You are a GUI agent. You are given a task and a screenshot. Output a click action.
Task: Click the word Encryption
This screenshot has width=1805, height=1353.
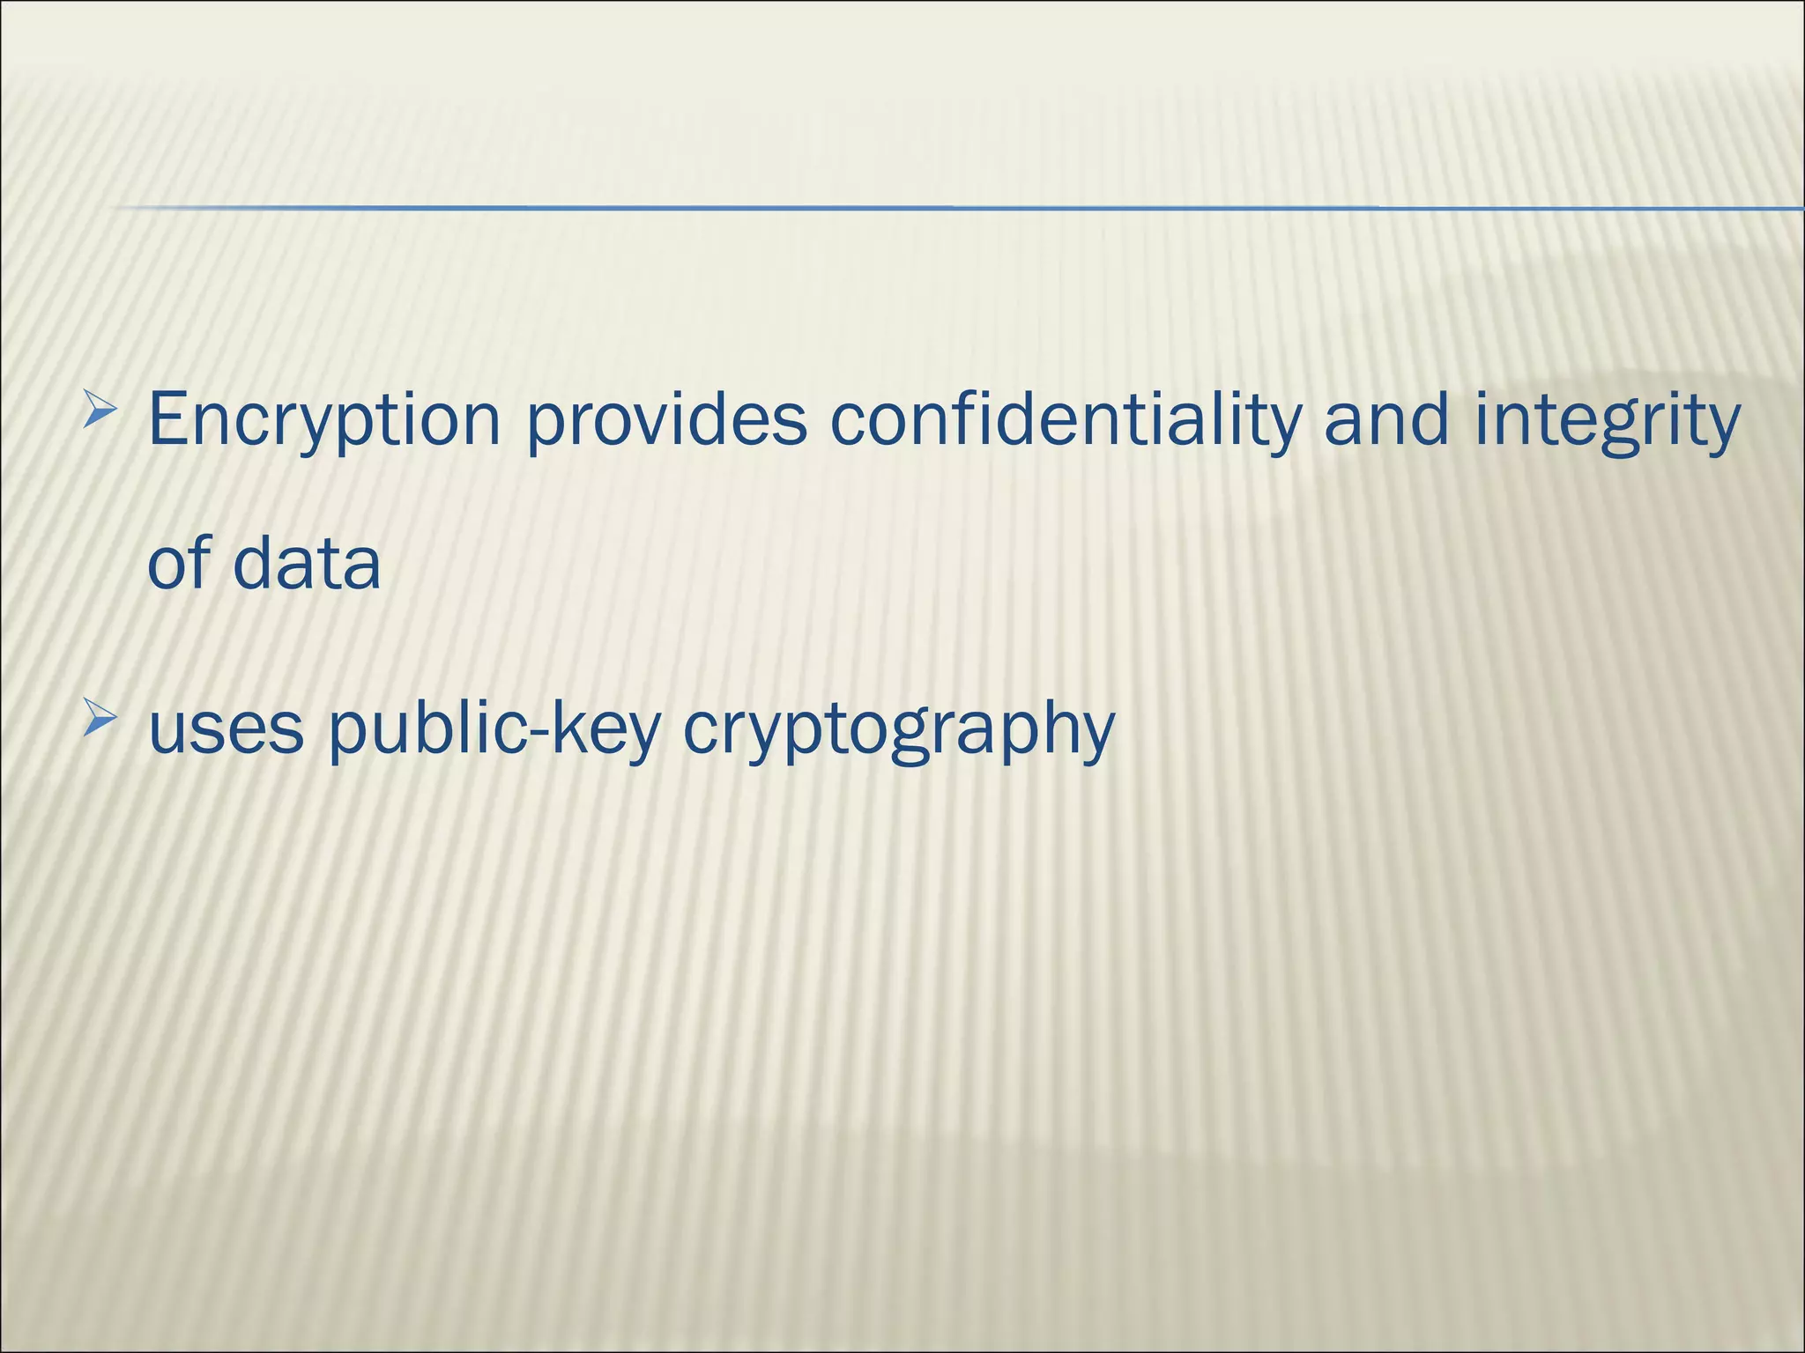click(324, 421)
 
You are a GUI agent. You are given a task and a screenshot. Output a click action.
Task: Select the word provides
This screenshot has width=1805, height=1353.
click(666, 421)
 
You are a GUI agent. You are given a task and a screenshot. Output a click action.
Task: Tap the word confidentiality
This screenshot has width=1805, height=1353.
click(1066, 421)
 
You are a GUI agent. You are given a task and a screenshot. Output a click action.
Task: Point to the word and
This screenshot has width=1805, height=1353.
click(1386, 419)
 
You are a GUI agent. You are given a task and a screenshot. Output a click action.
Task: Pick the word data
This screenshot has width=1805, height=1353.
click(307, 563)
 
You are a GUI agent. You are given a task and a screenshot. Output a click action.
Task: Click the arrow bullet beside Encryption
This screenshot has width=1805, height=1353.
click(100, 410)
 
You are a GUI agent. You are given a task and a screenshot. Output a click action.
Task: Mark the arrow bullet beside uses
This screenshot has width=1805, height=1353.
click(100, 721)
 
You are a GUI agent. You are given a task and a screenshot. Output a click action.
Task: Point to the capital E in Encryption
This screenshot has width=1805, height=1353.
click(168, 419)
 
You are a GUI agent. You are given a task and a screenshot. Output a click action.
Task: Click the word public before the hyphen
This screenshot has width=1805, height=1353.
click(429, 731)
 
